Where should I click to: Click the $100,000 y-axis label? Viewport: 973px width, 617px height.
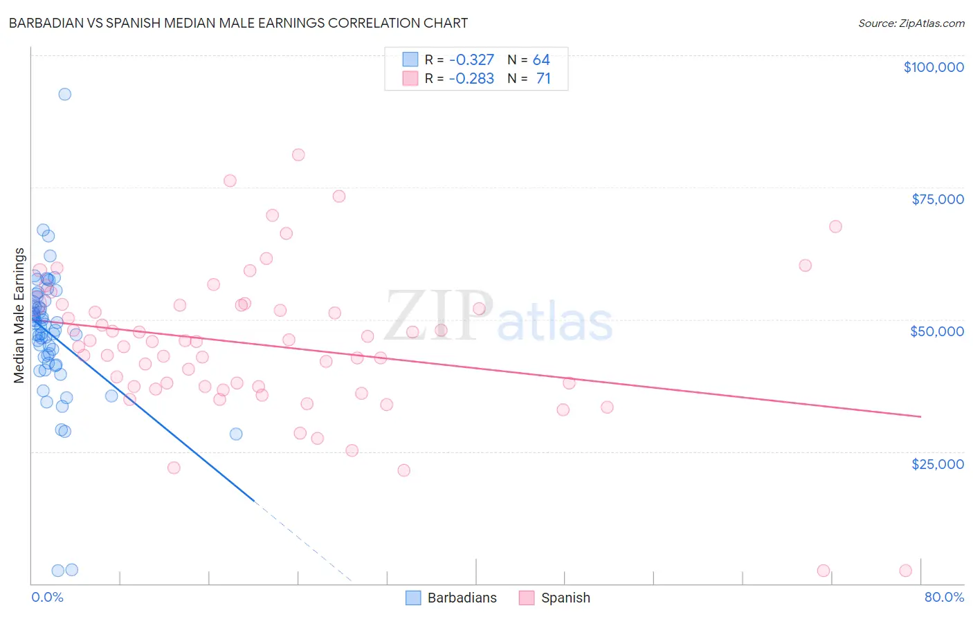coord(933,67)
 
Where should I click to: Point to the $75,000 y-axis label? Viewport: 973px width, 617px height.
coord(937,199)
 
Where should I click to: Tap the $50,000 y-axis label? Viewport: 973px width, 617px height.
coord(936,331)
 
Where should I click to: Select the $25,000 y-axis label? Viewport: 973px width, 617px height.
coord(937,463)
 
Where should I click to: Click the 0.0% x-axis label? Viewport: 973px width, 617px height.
coord(47,597)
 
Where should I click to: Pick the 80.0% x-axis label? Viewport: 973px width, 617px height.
coord(944,597)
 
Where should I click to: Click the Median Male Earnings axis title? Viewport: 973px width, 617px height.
coord(19,315)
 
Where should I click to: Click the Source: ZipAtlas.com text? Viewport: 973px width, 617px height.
coord(911,23)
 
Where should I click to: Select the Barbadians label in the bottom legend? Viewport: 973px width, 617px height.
coord(462,598)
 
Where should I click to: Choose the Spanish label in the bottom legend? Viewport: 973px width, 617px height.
coord(565,598)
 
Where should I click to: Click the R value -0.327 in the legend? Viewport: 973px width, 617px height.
coord(471,60)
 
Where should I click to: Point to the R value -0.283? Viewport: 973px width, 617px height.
coord(471,79)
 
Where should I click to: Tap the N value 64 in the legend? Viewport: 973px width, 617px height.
coord(541,60)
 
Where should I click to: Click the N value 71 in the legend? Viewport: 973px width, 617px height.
coord(543,79)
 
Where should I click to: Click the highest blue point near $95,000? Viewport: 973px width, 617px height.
coord(64,94)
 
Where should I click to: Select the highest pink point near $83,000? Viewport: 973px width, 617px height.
coord(298,155)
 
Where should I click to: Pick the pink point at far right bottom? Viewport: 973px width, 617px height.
coord(905,571)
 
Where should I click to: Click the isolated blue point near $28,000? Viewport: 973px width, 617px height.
coord(236,434)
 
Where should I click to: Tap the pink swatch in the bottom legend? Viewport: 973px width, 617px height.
coord(527,598)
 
